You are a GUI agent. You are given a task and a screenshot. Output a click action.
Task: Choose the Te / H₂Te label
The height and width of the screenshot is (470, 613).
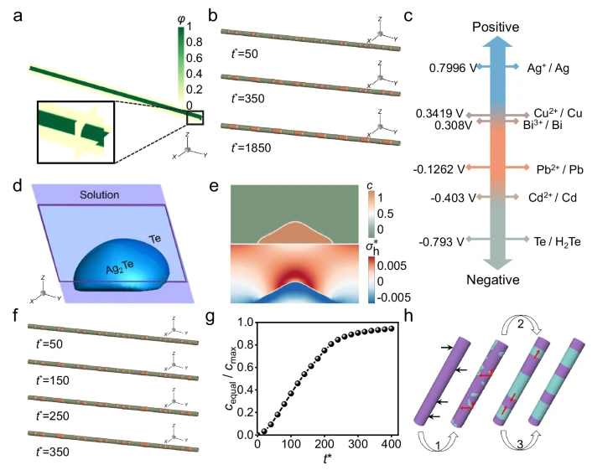(x=559, y=240)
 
